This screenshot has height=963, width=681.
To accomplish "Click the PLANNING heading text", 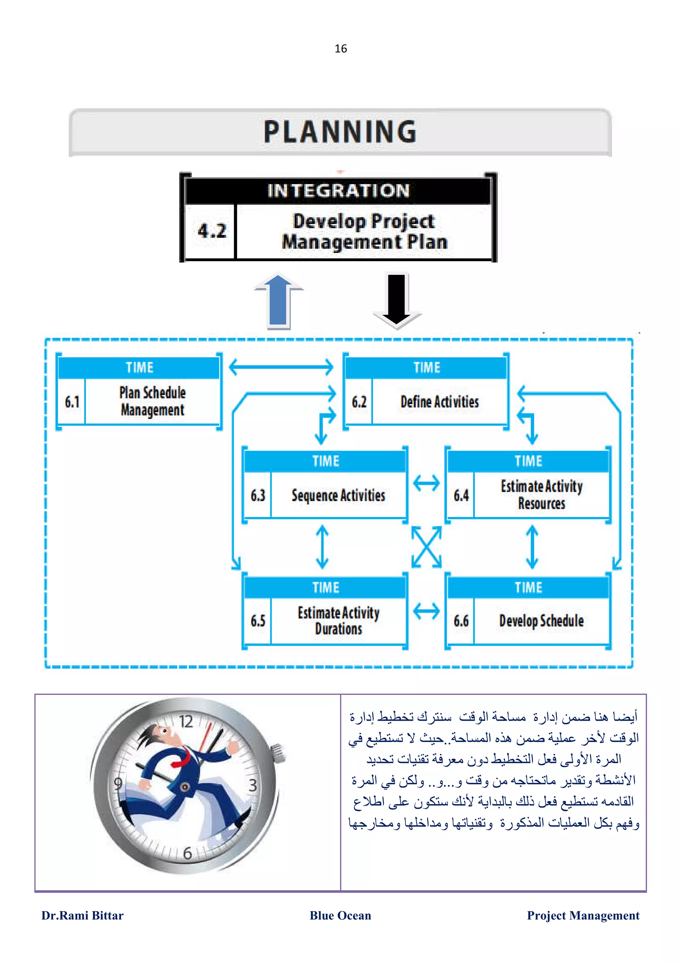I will click(x=340, y=132).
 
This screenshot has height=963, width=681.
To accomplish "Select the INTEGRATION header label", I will click(x=338, y=191).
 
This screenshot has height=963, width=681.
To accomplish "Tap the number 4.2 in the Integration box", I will click(x=212, y=231).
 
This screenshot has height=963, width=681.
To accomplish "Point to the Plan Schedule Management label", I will click(x=152, y=401).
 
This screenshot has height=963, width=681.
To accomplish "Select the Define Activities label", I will click(x=439, y=402).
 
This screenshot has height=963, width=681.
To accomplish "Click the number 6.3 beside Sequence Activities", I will click(x=258, y=495).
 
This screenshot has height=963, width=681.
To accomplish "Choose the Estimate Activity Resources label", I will click(x=541, y=494).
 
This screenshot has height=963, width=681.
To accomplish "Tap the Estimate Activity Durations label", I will click(x=338, y=621).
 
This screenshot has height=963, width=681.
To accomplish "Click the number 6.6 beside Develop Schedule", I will click(x=461, y=621).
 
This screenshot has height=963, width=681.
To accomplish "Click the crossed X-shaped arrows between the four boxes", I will click(x=426, y=547).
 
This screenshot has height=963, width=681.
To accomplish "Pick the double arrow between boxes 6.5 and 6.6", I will click(x=426, y=611).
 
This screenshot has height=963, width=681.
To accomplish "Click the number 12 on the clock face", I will click(x=186, y=722).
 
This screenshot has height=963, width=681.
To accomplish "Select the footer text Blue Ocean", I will click(x=340, y=915).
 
